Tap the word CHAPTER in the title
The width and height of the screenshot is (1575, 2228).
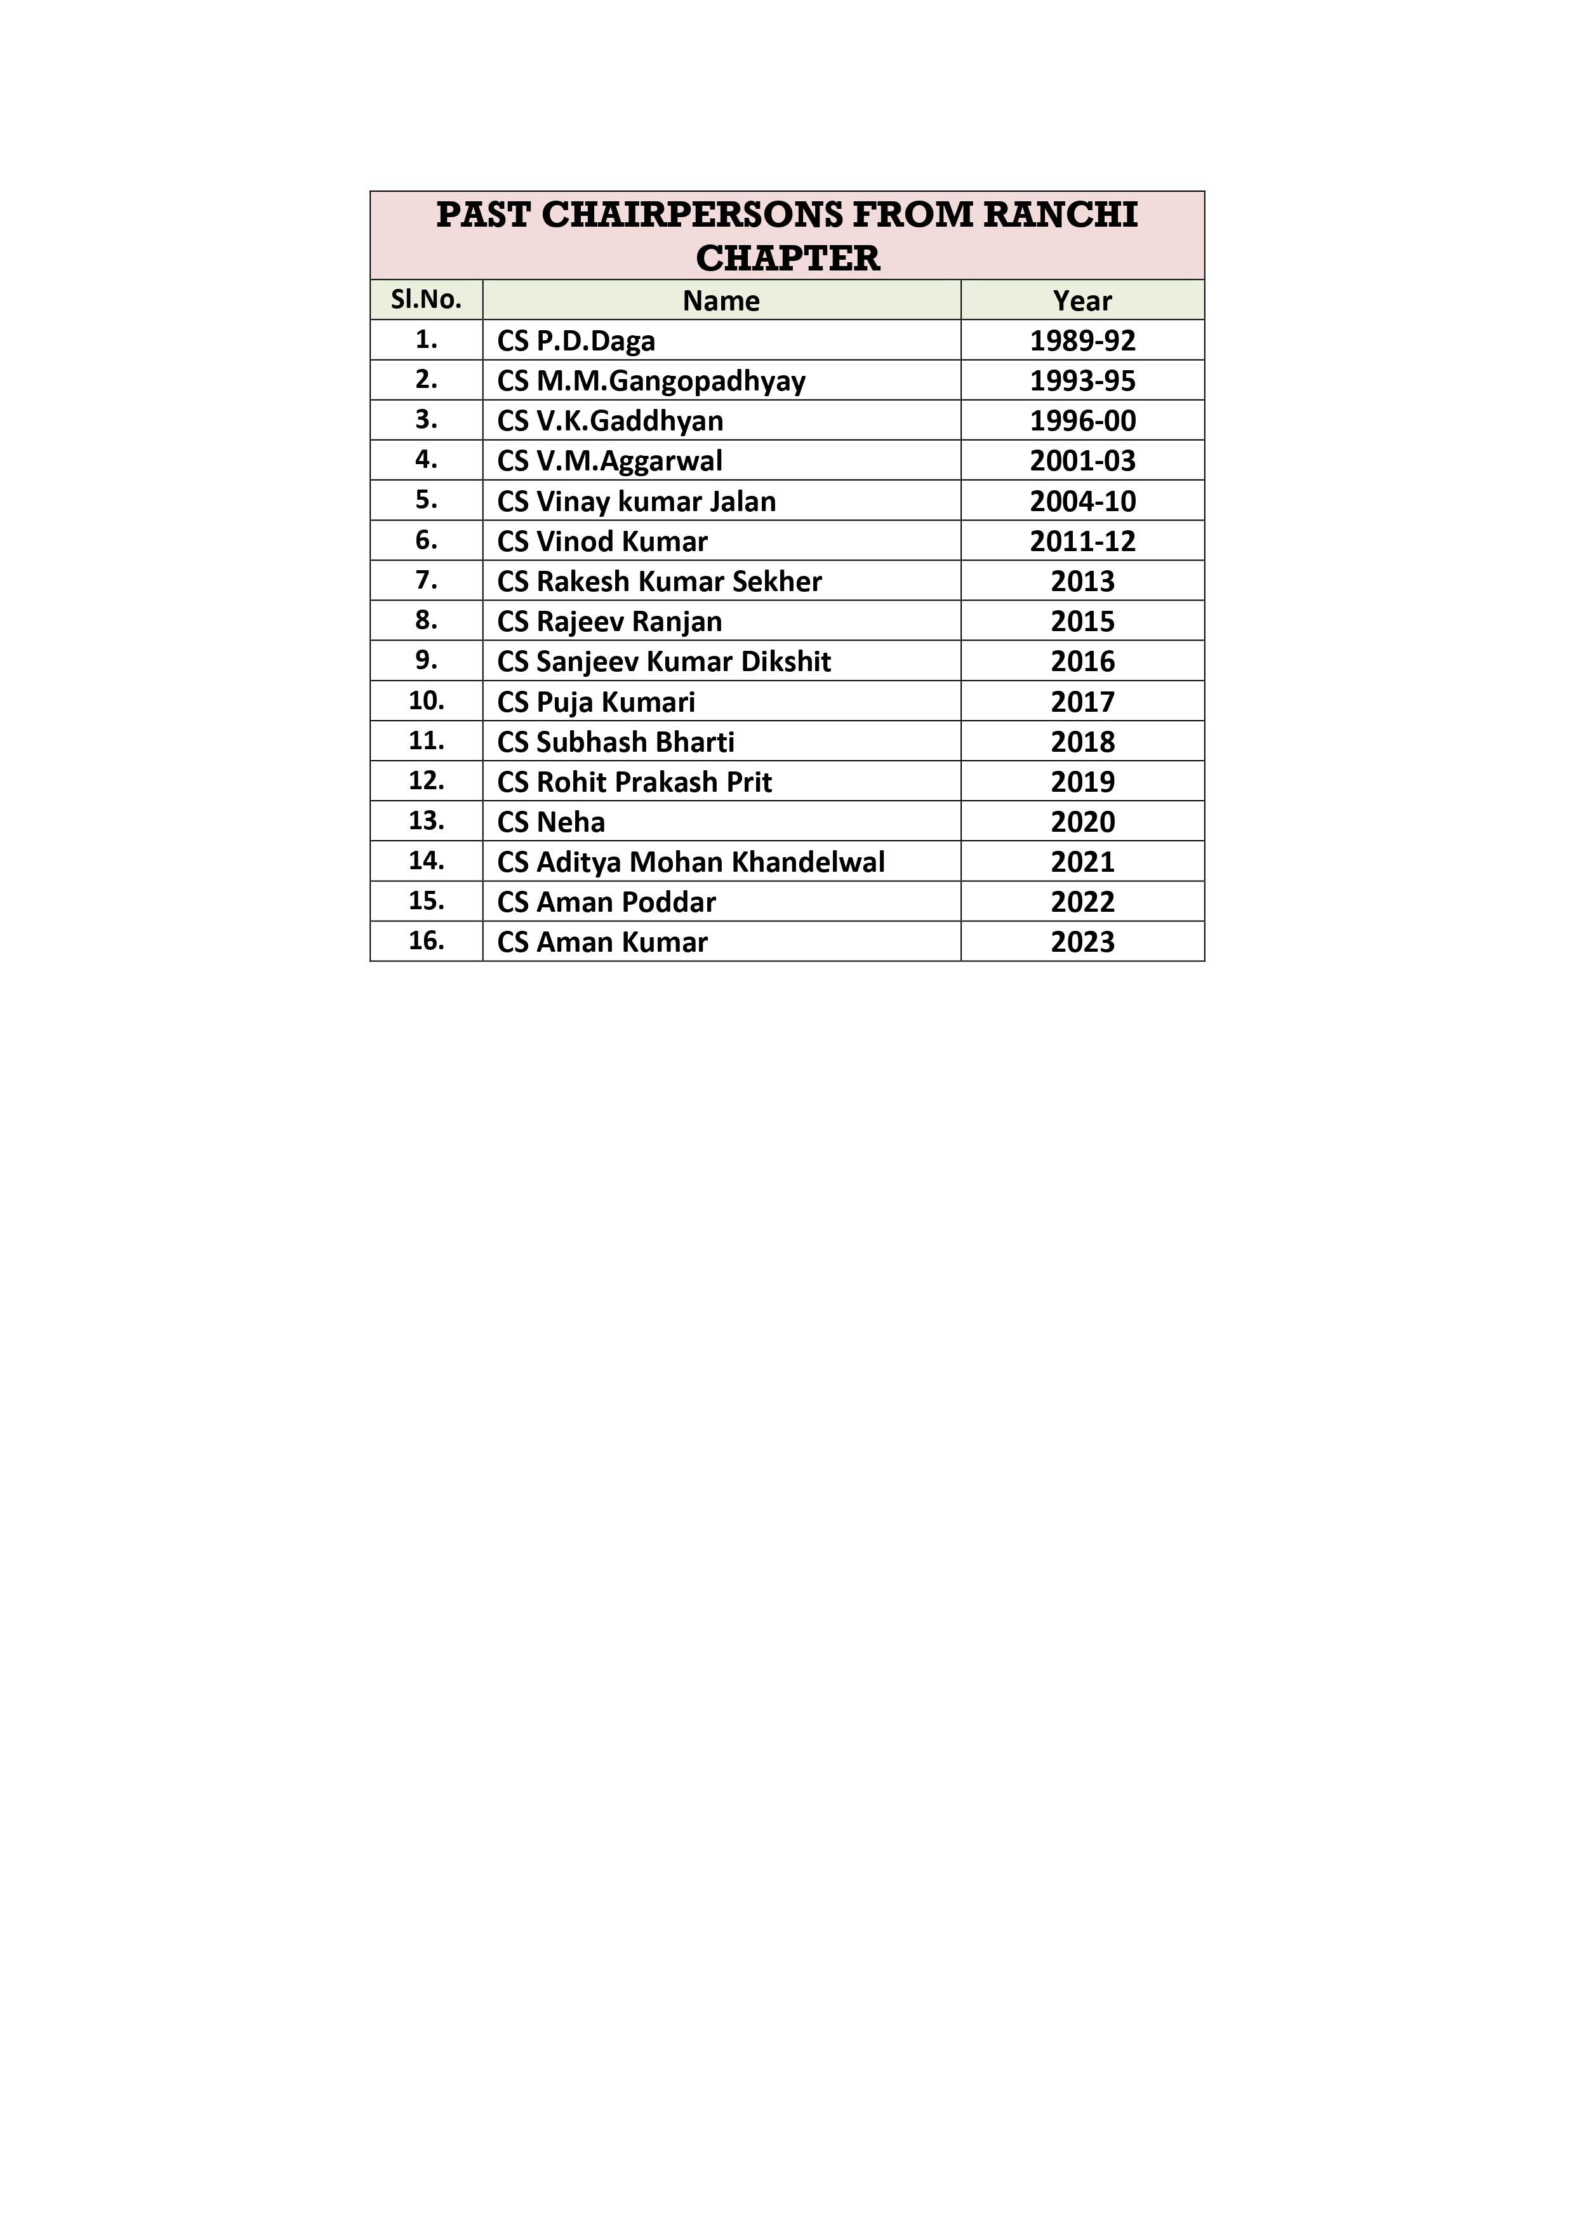pos(787,258)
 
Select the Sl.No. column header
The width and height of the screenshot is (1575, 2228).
pos(426,300)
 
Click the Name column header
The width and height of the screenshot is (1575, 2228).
pos(721,301)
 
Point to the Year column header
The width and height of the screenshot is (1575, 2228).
pos(1082,301)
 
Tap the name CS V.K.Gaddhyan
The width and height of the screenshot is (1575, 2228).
pos(611,421)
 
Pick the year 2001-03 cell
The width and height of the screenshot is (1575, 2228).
pos(1082,461)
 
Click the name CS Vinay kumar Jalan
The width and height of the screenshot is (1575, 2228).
pos(637,502)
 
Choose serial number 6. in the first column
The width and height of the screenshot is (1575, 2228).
pos(426,540)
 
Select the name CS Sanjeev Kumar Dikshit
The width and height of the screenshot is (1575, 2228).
pos(664,662)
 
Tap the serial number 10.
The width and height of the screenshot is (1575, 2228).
pos(426,700)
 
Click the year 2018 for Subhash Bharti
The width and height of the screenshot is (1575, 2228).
pos(1082,742)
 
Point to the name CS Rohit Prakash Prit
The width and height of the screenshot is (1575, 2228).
pos(635,782)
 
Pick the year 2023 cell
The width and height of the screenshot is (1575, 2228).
pos(1082,942)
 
